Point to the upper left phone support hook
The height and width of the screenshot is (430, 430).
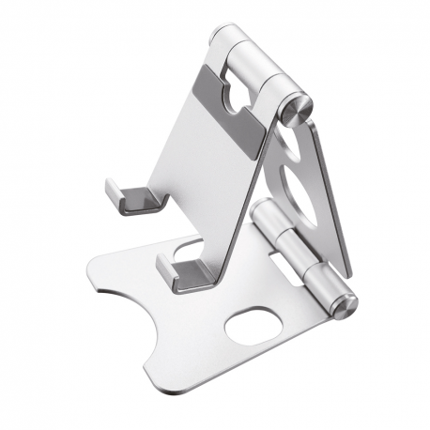[x=122, y=194]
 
